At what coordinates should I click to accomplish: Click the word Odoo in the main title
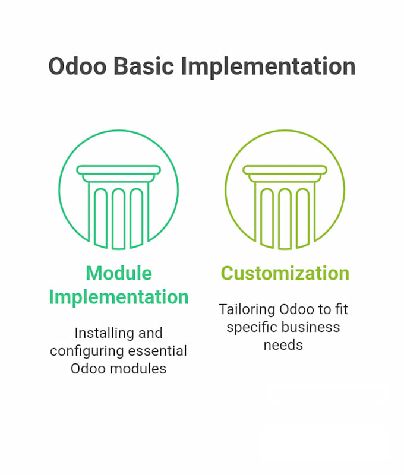[78, 66]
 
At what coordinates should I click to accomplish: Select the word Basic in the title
[144, 66]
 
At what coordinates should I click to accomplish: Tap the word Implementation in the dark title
[268, 67]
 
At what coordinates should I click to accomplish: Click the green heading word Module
[119, 273]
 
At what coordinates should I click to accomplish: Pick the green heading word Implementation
[119, 297]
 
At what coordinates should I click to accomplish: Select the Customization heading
[285, 273]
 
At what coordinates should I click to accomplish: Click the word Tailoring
[247, 310]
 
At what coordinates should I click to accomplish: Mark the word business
[311, 327]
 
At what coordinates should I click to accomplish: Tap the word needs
[283, 346]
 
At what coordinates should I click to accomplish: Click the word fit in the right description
[341, 309]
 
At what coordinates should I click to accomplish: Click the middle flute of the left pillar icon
[118, 218]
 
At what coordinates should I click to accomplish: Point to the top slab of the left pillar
[118, 170]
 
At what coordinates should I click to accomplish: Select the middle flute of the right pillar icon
[285, 218]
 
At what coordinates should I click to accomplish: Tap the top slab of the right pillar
[285, 170]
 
